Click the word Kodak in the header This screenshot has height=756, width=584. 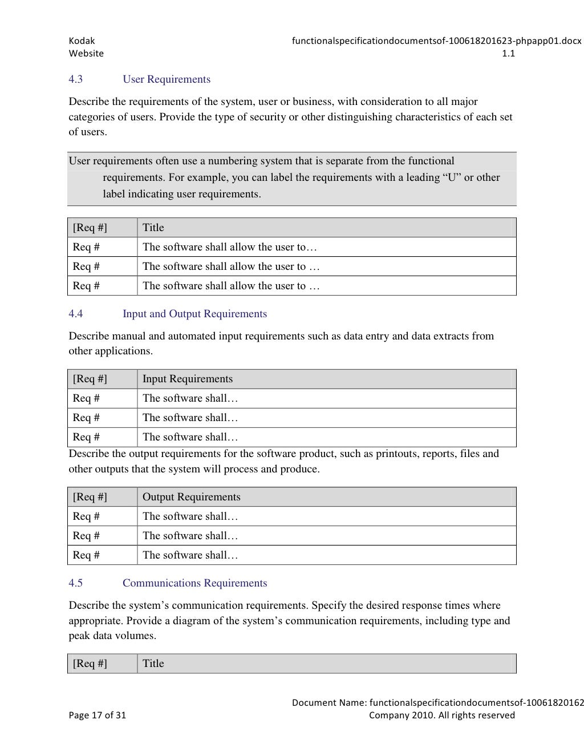tap(82, 41)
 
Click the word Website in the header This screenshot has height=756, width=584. tap(86, 54)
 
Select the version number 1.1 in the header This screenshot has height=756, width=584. tap(508, 54)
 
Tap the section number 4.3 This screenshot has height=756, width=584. tap(76, 79)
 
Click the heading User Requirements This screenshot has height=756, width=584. tap(167, 79)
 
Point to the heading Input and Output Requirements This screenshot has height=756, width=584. tap(194, 314)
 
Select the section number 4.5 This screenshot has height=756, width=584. tap(76, 583)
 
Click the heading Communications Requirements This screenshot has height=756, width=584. tap(194, 583)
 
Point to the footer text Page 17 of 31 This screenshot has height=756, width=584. tap(98, 715)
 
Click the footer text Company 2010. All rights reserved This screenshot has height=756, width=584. tap(441, 715)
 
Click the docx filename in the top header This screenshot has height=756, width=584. tap(436, 41)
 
